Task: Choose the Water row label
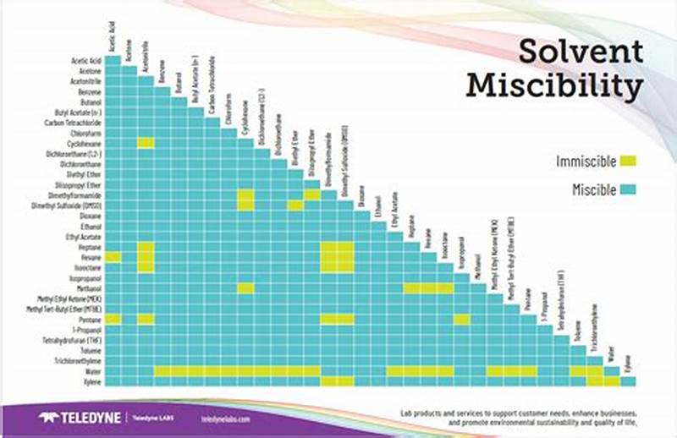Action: coord(93,371)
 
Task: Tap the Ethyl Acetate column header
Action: coord(394,216)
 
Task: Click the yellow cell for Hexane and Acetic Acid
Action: coord(113,257)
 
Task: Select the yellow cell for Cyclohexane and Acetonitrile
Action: coord(146,143)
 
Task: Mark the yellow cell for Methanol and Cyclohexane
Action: coord(245,288)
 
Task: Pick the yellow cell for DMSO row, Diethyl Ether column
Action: coord(295,205)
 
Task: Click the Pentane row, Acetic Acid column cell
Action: coord(113,319)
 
